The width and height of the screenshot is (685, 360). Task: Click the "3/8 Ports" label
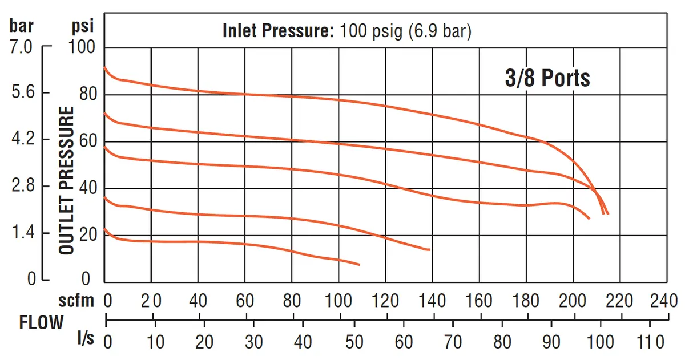point(547,78)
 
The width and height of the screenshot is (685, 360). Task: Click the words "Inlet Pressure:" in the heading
point(279,31)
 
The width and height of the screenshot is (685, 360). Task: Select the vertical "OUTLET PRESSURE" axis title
point(66,180)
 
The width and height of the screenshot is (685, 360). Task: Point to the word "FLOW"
point(41,322)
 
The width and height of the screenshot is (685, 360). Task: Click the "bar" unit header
point(22,25)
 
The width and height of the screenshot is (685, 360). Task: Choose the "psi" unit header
point(83,26)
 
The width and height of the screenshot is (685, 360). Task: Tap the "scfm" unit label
point(76,301)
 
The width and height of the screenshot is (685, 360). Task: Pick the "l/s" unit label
point(86,338)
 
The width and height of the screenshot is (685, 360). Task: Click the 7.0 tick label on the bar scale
point(21,47)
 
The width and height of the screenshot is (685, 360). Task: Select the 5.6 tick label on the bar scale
point(23,91)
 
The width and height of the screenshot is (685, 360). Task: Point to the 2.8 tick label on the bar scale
point(23,185)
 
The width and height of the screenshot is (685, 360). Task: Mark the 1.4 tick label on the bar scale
point(23,232)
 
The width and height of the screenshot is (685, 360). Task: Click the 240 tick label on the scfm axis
point(663,301)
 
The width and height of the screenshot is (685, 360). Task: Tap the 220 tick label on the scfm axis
point(619,301)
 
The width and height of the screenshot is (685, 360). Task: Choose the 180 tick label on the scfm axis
point(525,301)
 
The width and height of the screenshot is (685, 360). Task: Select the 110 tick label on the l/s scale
point(650,342)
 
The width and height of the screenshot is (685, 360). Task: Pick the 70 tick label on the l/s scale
point(453,342)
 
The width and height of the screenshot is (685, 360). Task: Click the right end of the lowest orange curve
point(359,265)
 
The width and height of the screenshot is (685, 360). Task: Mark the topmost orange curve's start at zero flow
point(104,67)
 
